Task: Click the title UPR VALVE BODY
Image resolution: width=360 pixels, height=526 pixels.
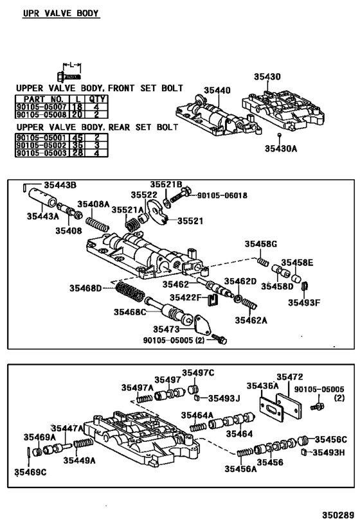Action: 61,13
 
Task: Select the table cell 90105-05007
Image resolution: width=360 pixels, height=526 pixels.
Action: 42,107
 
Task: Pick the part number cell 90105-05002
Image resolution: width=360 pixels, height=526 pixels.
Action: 42,146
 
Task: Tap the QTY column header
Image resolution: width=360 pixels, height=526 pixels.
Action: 96,100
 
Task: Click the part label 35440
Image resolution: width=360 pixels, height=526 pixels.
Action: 217,91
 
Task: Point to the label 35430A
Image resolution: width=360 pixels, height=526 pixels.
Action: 281,148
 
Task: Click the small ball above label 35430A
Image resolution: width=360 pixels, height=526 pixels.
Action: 279,135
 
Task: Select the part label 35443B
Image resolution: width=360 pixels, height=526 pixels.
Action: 60,185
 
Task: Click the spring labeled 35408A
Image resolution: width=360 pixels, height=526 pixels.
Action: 97,224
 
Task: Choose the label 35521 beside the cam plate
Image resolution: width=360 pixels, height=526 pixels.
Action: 190,221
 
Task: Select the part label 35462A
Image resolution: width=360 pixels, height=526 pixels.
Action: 251,320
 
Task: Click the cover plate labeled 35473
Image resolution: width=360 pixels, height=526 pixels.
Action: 202,324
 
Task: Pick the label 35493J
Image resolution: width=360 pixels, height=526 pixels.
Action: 224,398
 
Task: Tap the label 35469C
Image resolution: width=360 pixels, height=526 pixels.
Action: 30,472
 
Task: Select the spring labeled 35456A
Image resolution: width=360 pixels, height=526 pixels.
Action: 245,453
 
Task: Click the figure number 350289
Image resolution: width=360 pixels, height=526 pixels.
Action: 338,515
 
